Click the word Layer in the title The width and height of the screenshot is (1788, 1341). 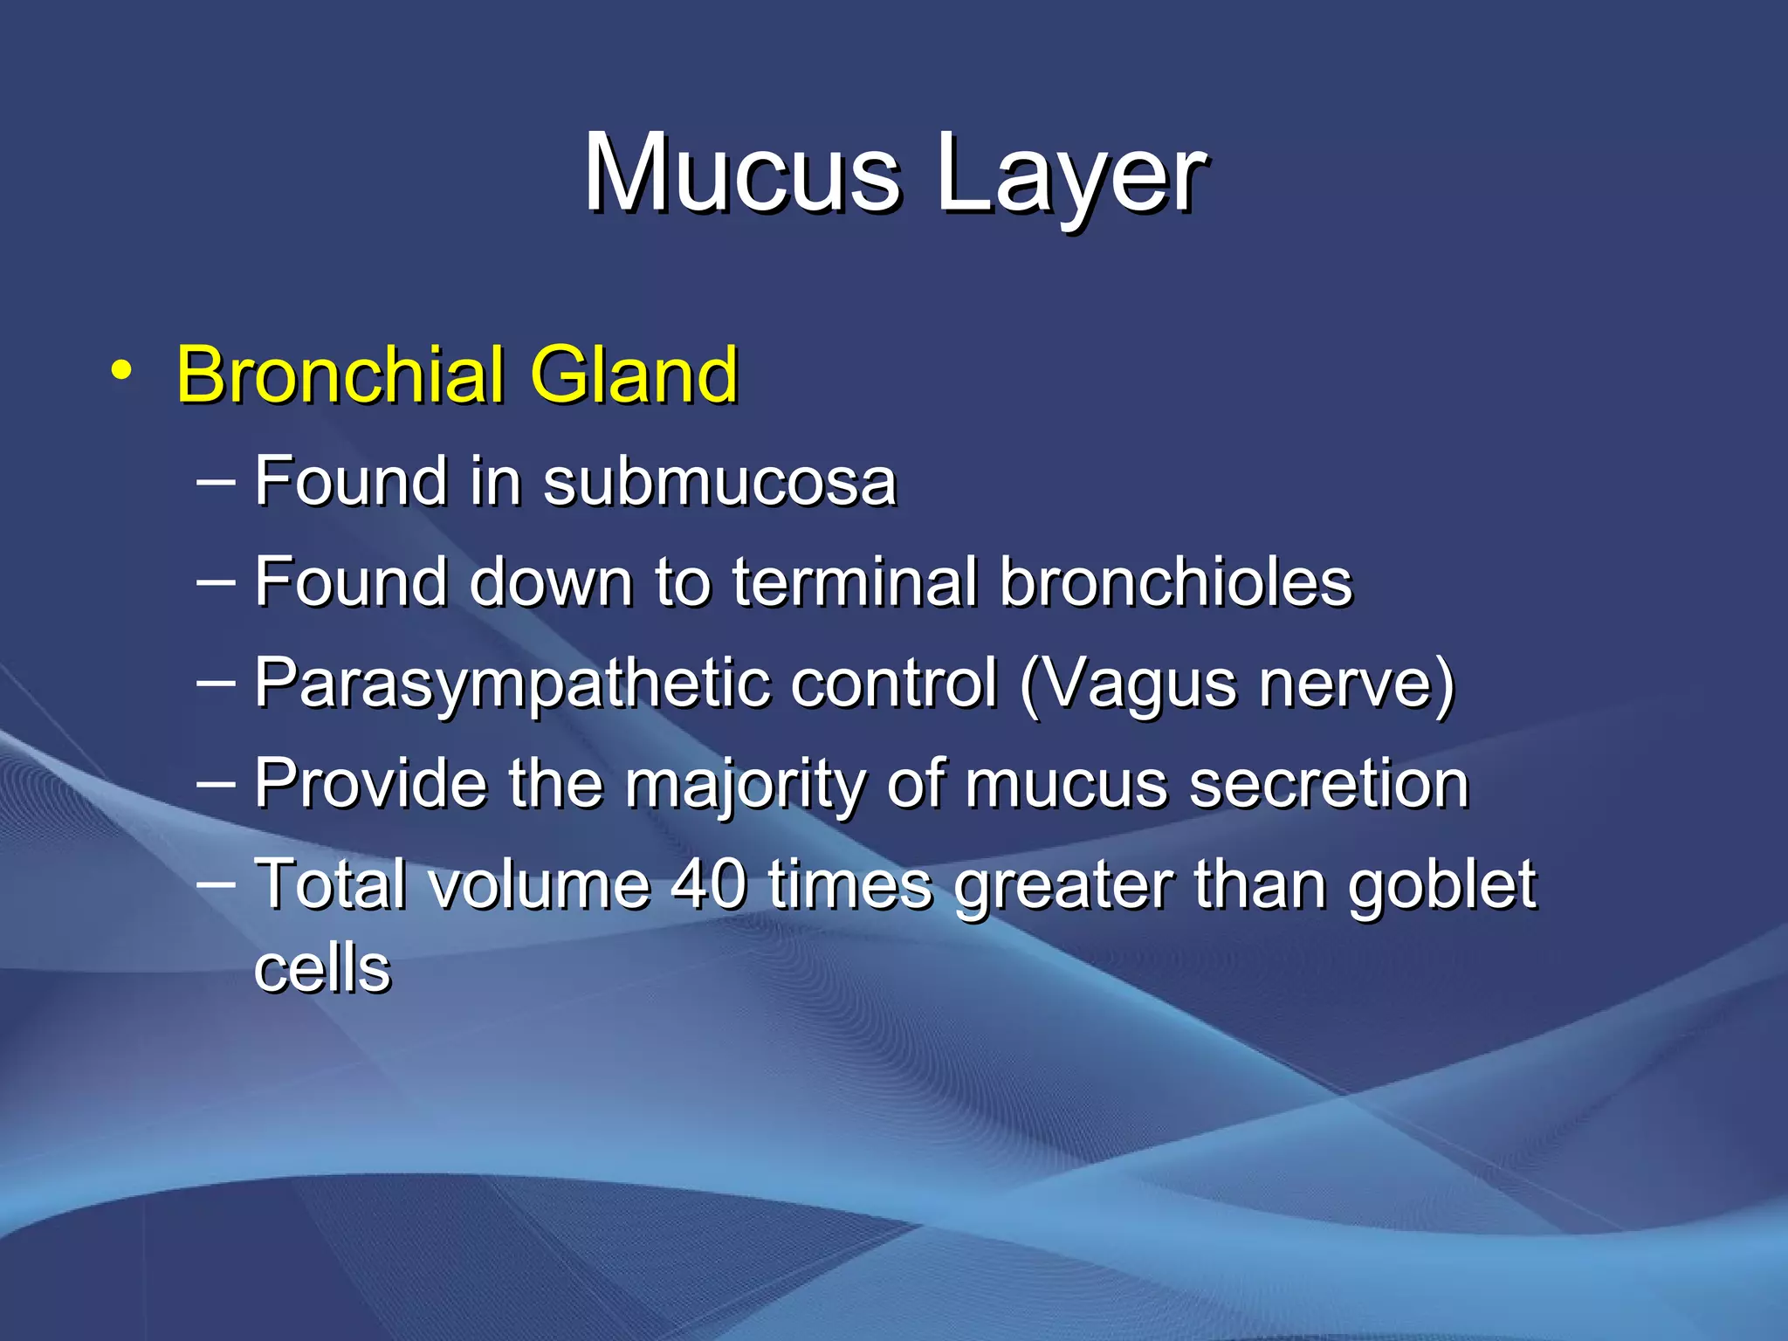pyautogui.click(x=1071, y=175)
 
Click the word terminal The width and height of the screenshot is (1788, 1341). pyautogui.click(x=855, y=581)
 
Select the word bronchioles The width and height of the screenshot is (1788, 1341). pyautogui.click(x=1175, y=581)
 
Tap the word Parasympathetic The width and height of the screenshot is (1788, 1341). pyautogui.click(x=512, y=684)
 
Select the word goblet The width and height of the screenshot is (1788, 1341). pyautogui.click(x=1441, y=884)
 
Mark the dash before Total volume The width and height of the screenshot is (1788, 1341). pyautogui.click(x=216, y=883)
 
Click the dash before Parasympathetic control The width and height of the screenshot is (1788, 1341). pyautogui.click(x=216, y=682)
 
